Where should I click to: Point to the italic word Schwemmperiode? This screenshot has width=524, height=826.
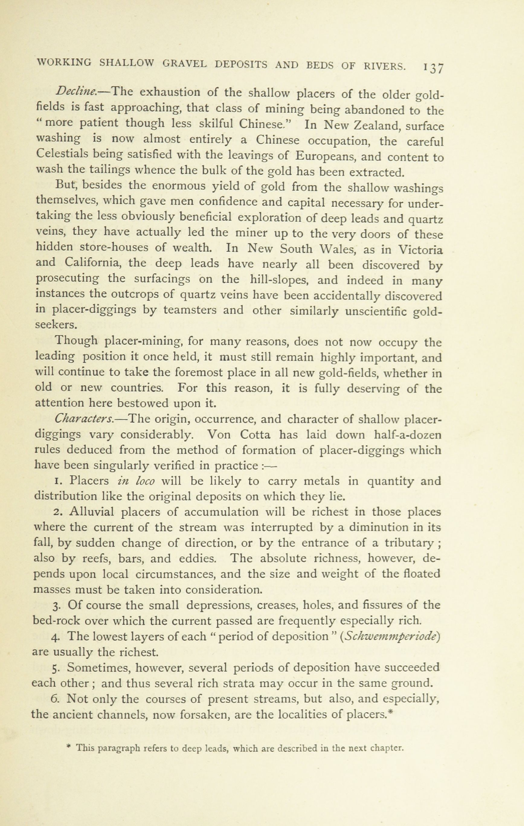point(391,636)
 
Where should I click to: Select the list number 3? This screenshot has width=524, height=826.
point(56,605)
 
